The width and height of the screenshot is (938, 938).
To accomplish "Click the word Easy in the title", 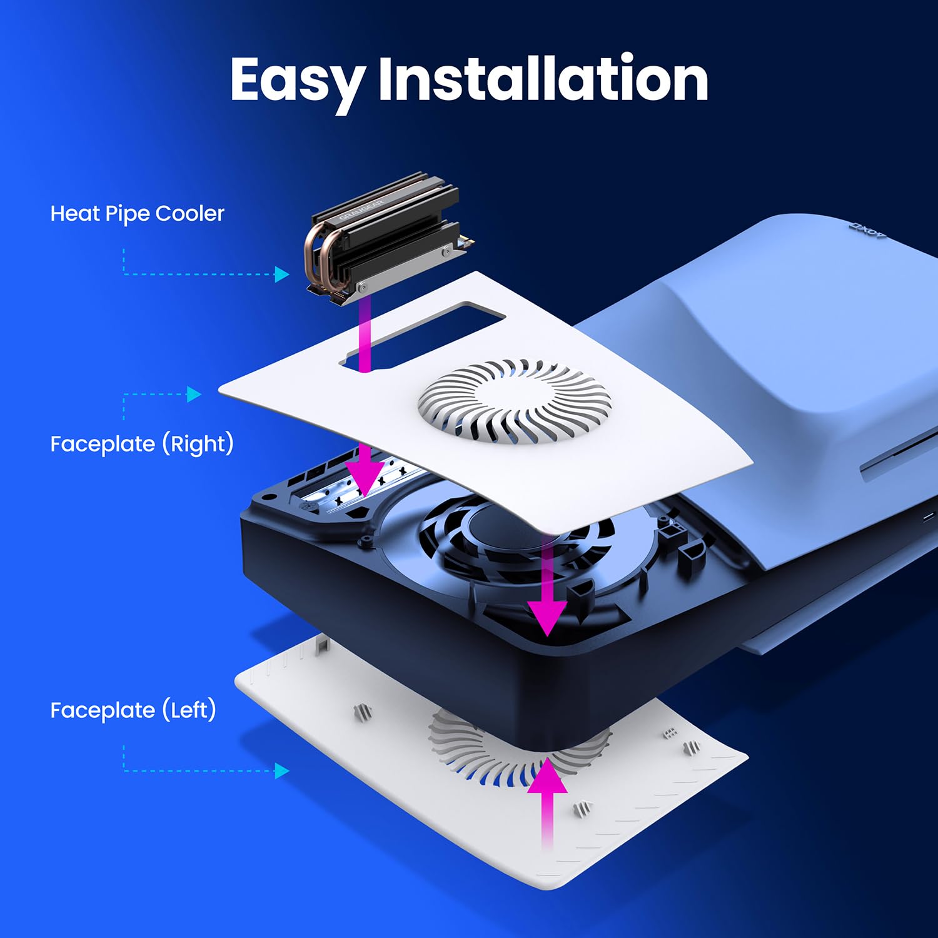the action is tap(296, 80).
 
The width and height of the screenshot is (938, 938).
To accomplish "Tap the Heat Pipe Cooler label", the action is tap(137, 214).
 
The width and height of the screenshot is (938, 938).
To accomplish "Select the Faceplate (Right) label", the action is tap(142, 444).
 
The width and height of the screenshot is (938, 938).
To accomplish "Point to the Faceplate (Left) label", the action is tap(133, 710).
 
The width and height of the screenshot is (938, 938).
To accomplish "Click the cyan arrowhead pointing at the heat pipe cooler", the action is tap(281, 274).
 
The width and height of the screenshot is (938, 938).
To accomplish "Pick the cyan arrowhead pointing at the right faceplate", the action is tap(194, 394).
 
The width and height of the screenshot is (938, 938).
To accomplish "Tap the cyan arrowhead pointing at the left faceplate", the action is tap(281, 770).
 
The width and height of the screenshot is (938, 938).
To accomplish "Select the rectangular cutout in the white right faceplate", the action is tap(425, 335).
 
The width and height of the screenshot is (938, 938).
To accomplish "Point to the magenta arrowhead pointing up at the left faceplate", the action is tap(547, 775).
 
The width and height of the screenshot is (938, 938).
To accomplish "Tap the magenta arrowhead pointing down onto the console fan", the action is tap(547, 616).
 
